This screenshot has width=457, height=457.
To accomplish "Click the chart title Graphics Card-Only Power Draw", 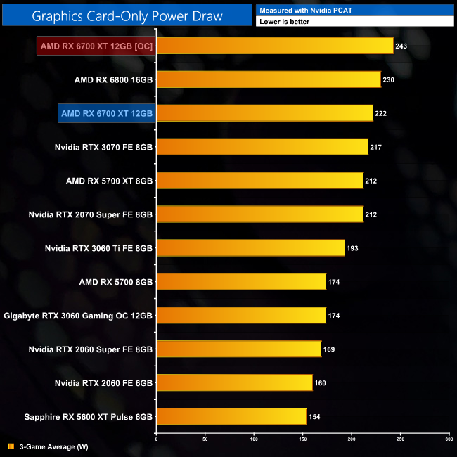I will (127, 15).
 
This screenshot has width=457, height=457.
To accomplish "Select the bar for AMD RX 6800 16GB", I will (268, 79).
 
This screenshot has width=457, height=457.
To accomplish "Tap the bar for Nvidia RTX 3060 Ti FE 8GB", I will (250, 248).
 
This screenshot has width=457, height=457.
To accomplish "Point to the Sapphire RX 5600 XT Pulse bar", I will (231, 417).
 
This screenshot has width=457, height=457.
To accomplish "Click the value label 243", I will (403, 46).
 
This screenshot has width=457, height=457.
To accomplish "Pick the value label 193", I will (354, 249).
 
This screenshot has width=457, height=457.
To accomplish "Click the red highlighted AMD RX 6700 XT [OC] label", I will (96, 46).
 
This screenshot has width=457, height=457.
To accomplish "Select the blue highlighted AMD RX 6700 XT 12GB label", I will (107, 113).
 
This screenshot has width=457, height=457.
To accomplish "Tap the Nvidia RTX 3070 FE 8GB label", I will (103, 147).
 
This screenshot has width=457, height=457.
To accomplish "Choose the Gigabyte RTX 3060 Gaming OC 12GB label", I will (78, 316).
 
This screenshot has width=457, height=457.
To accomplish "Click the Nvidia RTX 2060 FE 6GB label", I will (103, 383).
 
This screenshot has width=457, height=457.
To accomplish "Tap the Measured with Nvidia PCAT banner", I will (354, 10).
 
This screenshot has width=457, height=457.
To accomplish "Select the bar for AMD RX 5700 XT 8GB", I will (259, 181).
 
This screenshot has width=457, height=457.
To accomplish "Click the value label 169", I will (330, 350).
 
